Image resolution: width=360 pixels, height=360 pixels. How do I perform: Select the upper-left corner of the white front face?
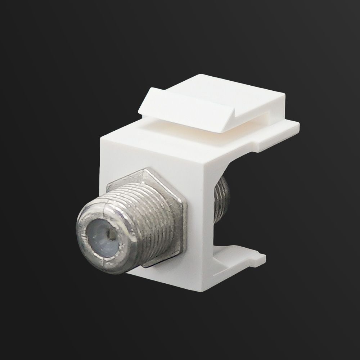click(x=102, y=135)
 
